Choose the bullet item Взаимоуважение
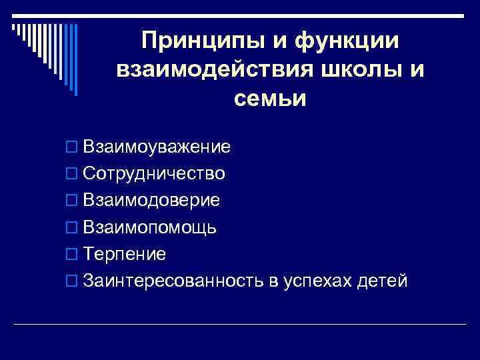tap(157, 146)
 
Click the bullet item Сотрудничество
tap(155, 173)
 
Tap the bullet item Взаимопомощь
tap(150, 227)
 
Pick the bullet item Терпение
tap(125, 254)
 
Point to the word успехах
tap(319, 281)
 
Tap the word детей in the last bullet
tap(382, 281)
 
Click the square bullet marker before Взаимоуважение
tap(73, 147)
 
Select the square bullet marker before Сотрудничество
tap(73, 174)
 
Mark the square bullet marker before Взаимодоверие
tap(73, 201)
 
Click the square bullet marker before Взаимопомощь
tap(73, 228)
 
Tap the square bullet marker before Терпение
tap(73, 255)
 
